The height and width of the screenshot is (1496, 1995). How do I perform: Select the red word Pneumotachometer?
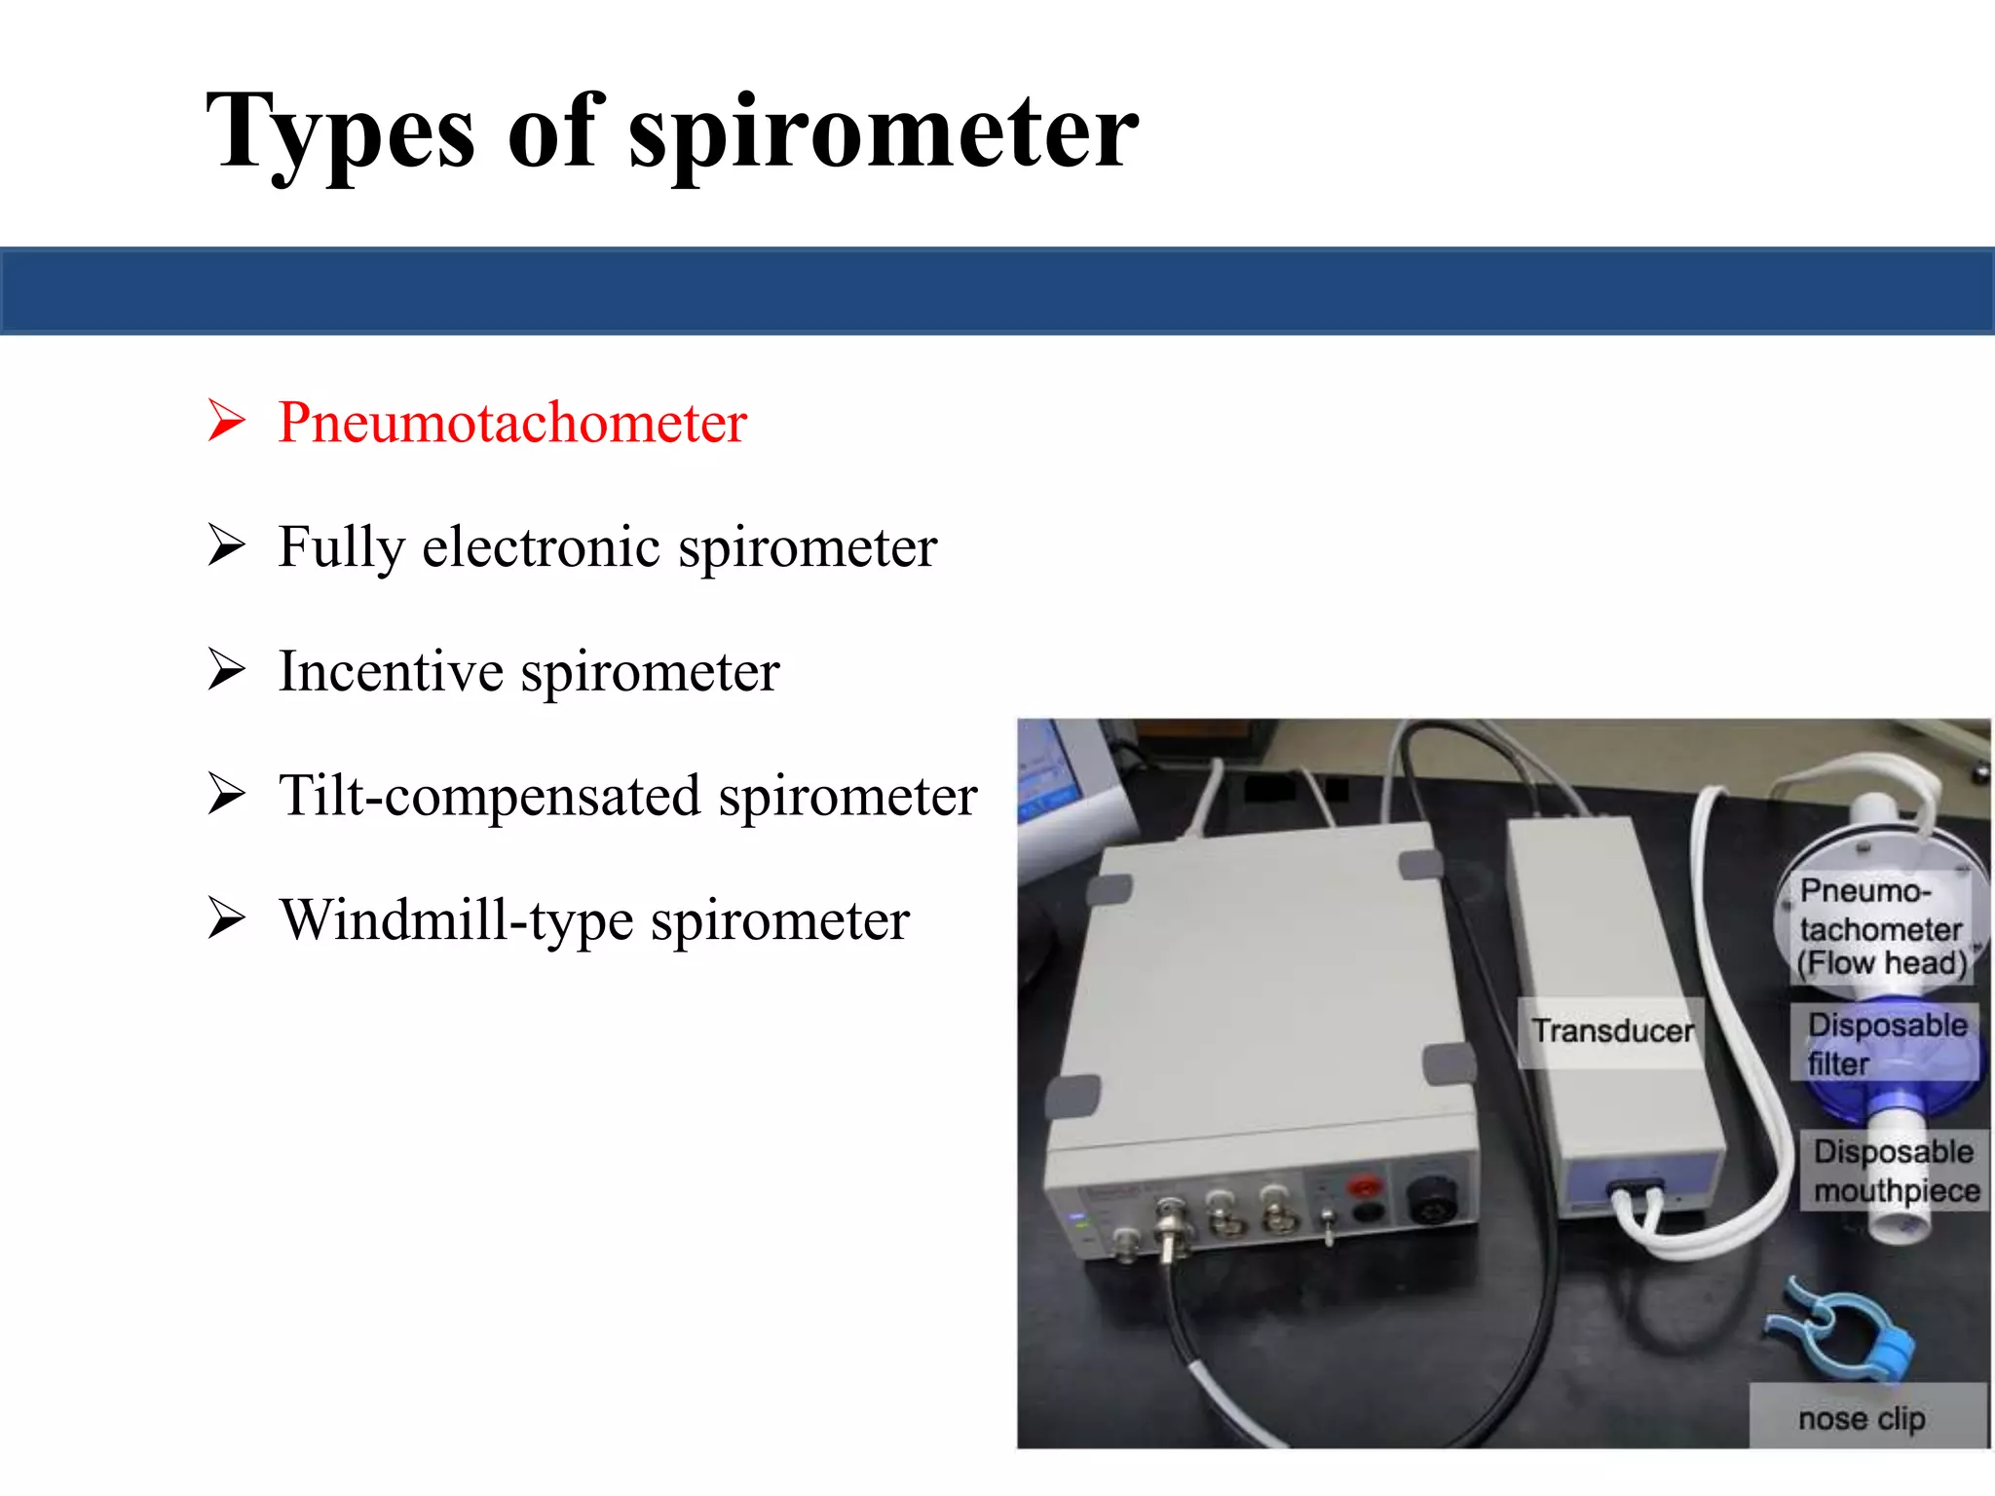pos(512,423)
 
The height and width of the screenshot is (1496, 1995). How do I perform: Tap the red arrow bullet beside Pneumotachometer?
pos(226,421)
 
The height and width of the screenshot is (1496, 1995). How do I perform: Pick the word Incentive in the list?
pos(391,672)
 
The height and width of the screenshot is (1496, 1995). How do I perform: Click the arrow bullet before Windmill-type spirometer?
pos(226,918)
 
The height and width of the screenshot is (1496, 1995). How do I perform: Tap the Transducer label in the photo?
pos(1611,1031)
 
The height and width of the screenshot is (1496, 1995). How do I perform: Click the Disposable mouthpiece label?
pos(1895,1171)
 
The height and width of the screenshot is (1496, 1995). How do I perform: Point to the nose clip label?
pos(1862,1419)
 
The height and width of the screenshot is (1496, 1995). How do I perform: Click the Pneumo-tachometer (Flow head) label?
pos(1880,926)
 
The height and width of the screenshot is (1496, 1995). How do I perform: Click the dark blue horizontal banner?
pos(997,291)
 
